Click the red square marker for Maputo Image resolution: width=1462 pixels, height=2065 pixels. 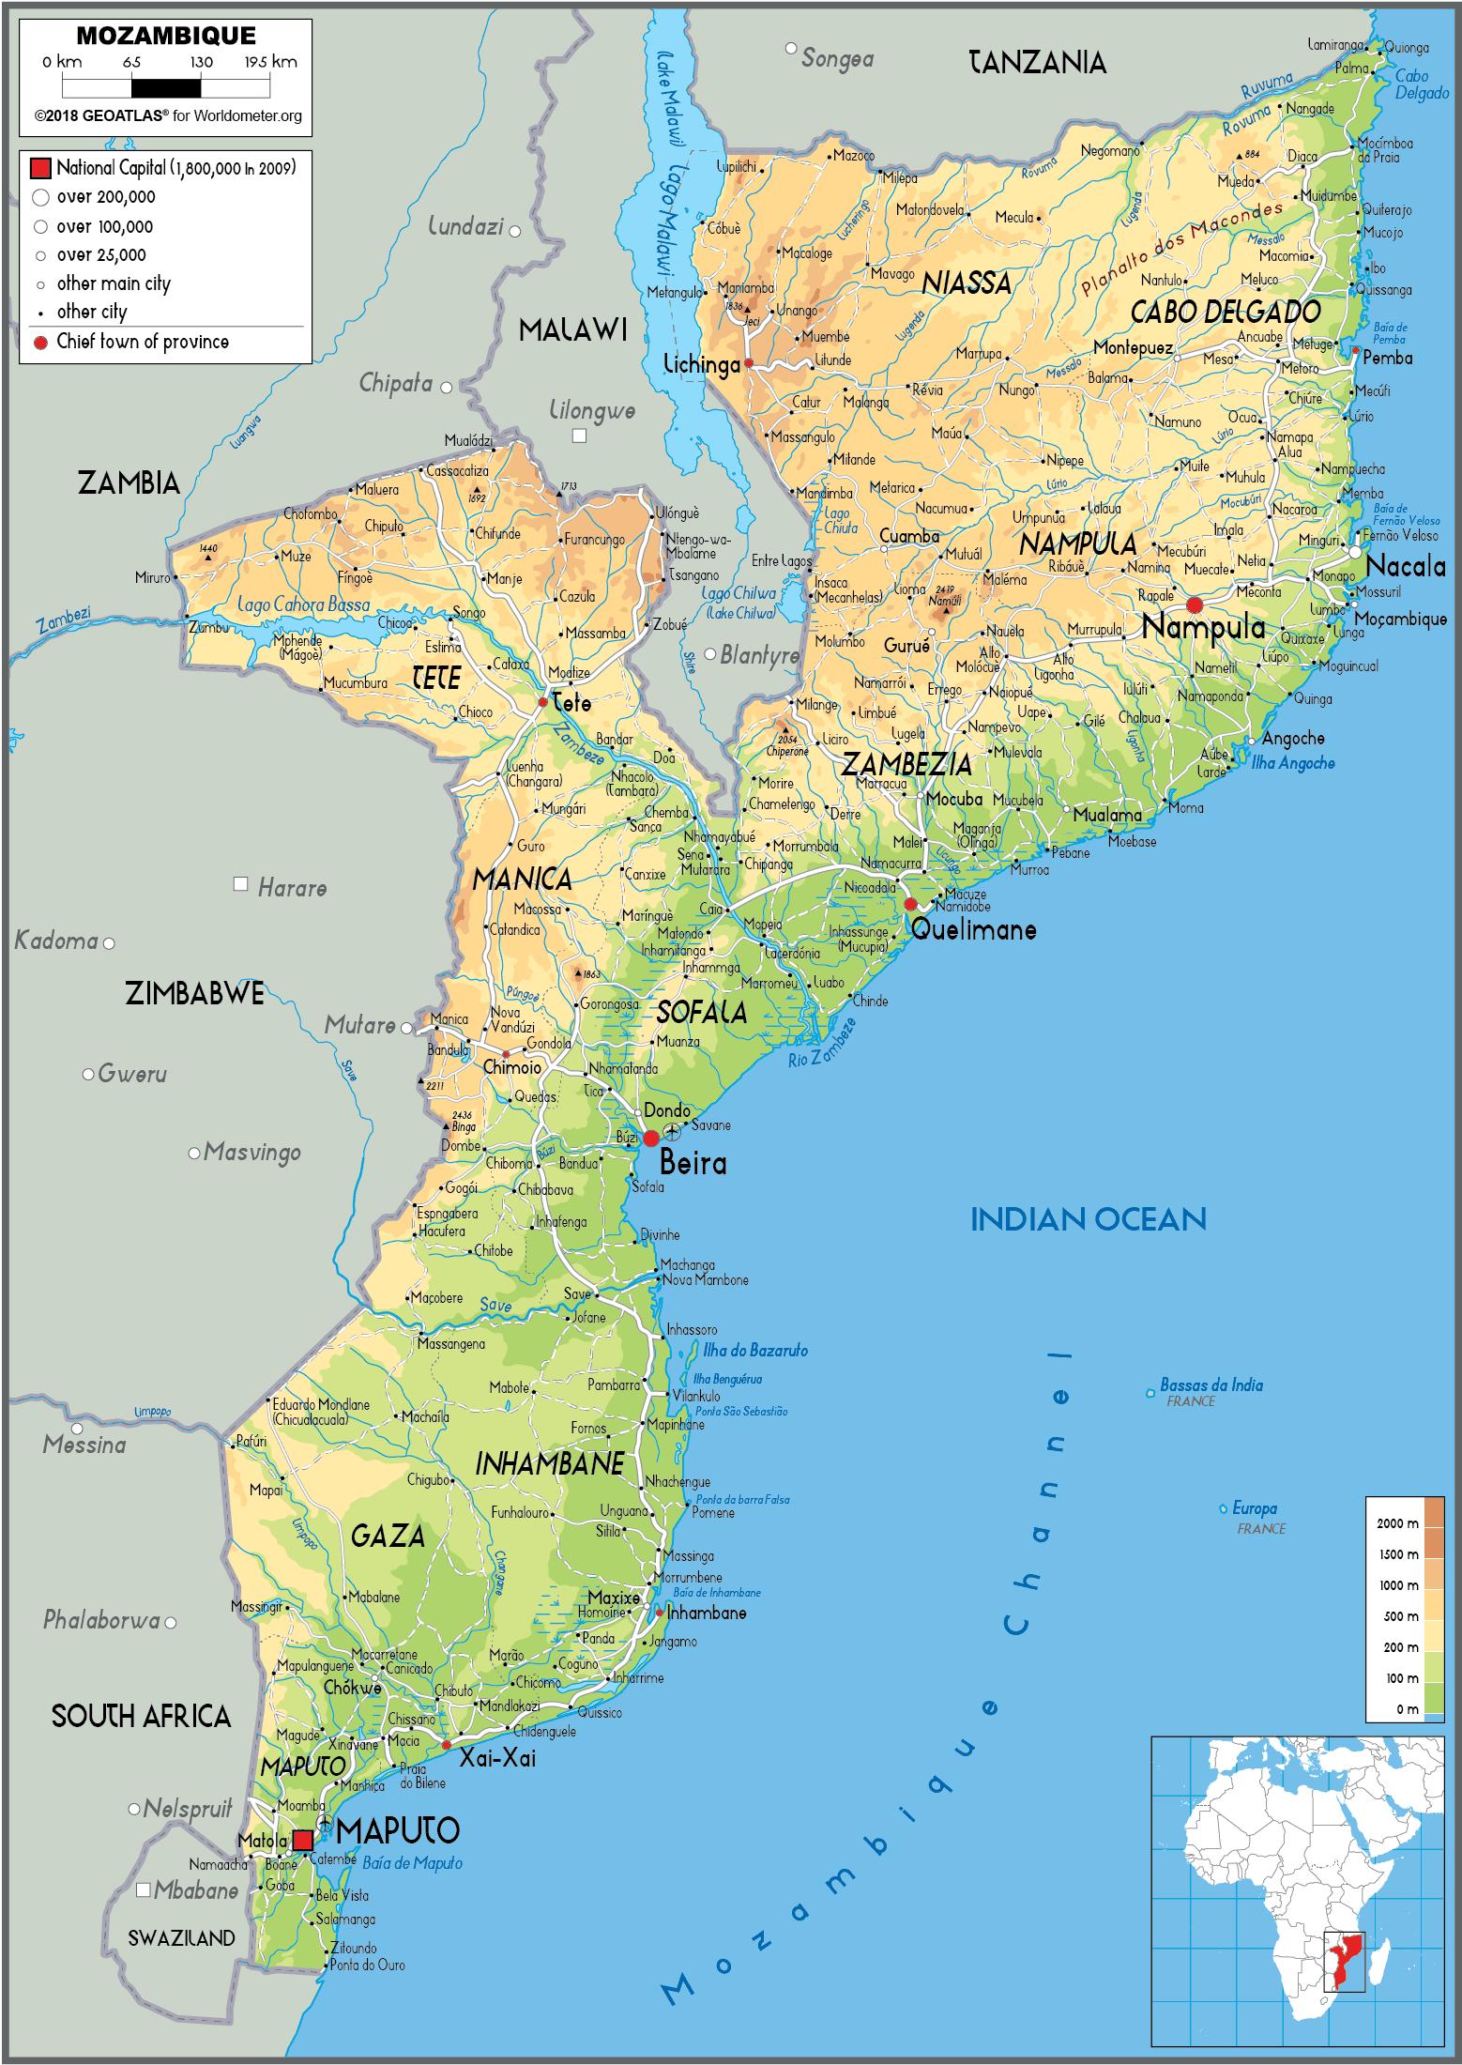point(302,1840)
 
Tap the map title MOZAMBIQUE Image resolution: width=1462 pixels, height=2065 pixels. point(166,36)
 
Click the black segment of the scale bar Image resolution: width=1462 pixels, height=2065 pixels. point(166,88)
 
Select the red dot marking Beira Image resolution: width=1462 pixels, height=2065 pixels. point(651,1139)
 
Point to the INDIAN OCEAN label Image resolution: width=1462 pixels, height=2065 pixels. point(1088,1219)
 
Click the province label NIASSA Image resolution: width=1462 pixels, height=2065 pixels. point(966,283)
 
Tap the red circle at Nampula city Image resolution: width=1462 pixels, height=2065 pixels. point(1194,604)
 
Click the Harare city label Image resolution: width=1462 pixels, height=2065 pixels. point(292,888)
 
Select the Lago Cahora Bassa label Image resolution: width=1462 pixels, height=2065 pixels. point(303,604)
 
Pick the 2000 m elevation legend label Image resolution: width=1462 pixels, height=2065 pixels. point(1396,1522)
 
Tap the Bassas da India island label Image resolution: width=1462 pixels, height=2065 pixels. point(1211,1385)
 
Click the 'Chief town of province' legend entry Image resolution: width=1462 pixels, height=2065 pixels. point(142,342)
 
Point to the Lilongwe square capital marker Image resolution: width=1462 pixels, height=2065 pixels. point(579,436)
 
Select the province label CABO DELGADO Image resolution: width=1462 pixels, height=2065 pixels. point(1225,312)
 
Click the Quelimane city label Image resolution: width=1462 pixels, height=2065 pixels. point(973,930)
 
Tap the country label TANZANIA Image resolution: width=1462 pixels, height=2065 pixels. point(1037,63)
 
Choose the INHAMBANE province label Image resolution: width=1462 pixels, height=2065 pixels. point(550,1463)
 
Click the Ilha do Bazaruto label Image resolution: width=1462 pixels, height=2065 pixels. point(755,1350)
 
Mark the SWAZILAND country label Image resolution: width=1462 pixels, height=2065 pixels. point(181,1938)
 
